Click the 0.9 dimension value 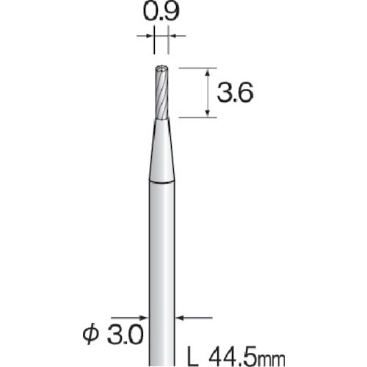[x=162, y=13]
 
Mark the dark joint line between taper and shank [x=162, y=181]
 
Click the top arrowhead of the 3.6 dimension [x=210, y=72]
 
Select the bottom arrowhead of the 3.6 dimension [x=210, y=113]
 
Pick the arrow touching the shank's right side [x=181, y=318]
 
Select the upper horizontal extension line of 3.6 [x=198, y=68]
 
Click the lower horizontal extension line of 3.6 [x=198, y=117]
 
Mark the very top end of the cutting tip [x=162, y=68]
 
